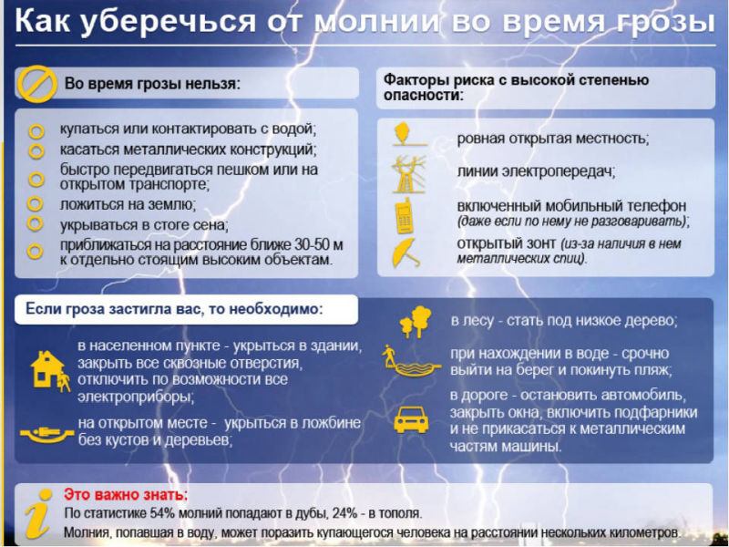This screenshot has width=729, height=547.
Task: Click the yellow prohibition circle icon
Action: click(x=36, y=84)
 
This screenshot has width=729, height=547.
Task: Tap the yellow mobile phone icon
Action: click(x=404, y=216)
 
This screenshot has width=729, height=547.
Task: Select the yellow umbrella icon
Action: click(x=405, y=253)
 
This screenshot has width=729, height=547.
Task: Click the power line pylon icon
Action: click(x=408, y=174)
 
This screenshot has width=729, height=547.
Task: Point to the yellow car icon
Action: click(x=411, y=419)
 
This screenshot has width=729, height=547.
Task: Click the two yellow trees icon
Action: click(x=416, y=321)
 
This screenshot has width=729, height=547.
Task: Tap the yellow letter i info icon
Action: click(x=38, y=513)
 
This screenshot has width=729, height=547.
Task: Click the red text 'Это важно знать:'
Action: click(x=126, y=494)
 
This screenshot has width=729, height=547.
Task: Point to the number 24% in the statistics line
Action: click(x=345, y=513)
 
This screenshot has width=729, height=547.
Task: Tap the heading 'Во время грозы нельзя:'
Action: click(x=152, y=84)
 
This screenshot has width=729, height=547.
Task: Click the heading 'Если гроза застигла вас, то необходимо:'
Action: click(x=173, y=309)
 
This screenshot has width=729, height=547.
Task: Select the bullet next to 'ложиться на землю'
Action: click(x=36, y=203)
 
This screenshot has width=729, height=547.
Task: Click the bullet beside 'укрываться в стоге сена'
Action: click(x=36, y=223)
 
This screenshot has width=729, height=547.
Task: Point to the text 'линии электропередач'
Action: click(x=536, y=172)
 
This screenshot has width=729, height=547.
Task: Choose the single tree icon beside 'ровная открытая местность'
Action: click(x=404, y=134)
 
